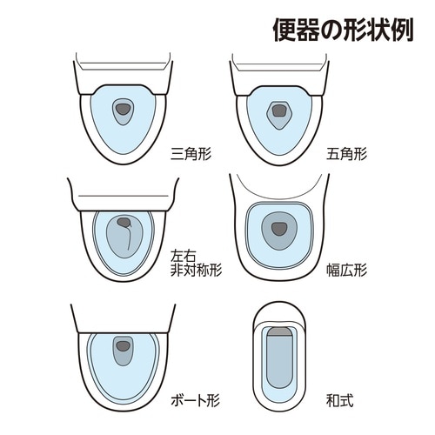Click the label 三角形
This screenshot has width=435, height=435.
(193, 154)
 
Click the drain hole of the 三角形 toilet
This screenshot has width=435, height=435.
(124, 109)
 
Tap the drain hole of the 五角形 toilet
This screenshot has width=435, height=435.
(279, 110)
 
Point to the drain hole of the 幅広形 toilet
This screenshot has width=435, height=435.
(279, 229)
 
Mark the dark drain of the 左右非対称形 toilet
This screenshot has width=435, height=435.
(124, 223)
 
